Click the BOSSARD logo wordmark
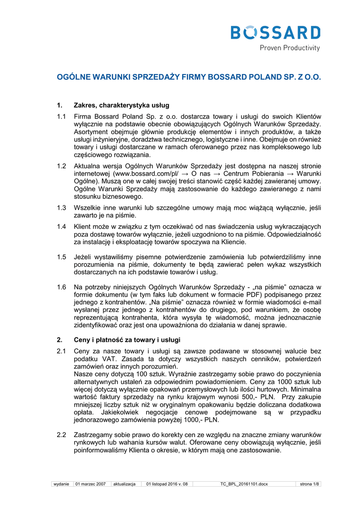pyautogui.click(x=276, y=33)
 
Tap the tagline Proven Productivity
pyautogui.click(x=290, y=48)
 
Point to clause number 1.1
pyautogui.click(x=61, y=116)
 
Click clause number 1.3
pyautogui.click(x=61, y=208)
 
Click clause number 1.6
pyautogui.click(x=61, y=287)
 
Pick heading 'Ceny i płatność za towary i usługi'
pyautogui.click(x=127, y=339)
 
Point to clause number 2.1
pyautogui.click(x=61, y=351)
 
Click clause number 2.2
pyautogui.click(x=61, y=435)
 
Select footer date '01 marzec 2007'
pyautogui.click(x=91, y=484)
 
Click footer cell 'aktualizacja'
pyautogui.click(x=124, y=484)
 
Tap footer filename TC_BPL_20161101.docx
pyautogui.click(x=244, y=484)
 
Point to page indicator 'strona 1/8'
pyautogui.click(x=309, y=484)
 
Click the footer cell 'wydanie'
pyautogui.click(x=62, y=484)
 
